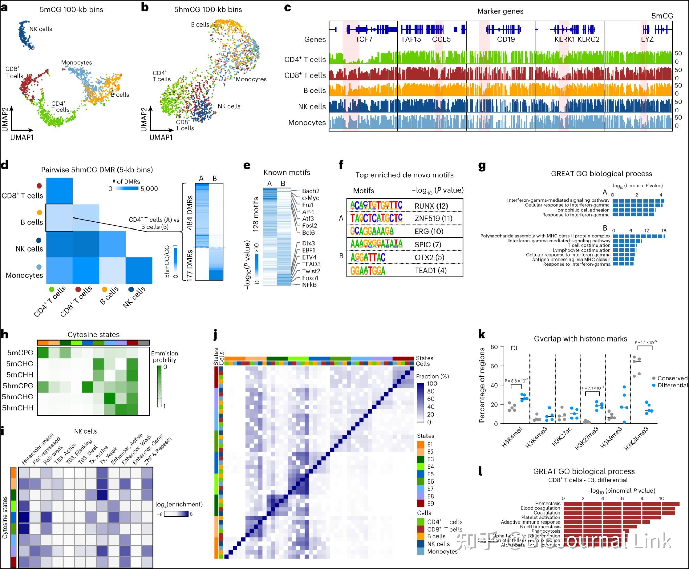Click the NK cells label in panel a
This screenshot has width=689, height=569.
pos(41,29)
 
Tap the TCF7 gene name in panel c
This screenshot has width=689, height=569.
pos(364,39)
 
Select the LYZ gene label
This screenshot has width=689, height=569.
pos(647,39)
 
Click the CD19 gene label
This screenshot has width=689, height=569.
pos(506,39)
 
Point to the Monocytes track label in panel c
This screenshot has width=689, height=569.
pos(307,123)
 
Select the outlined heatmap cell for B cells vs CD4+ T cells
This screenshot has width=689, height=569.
pos(59,217)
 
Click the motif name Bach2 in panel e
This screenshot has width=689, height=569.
pos(310,191)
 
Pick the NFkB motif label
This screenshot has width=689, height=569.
pos(309,285)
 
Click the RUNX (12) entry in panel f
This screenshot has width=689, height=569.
pos(431,206)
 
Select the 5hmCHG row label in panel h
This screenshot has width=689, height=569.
pos(18,397)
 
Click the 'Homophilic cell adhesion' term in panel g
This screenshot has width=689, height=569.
pos(582,210)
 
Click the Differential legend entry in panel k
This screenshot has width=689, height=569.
pos(672,385)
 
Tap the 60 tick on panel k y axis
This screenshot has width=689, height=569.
pos(494,366)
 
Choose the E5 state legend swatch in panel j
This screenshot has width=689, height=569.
pos(421,474)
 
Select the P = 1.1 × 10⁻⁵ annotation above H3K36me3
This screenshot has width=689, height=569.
pos(646,342)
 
